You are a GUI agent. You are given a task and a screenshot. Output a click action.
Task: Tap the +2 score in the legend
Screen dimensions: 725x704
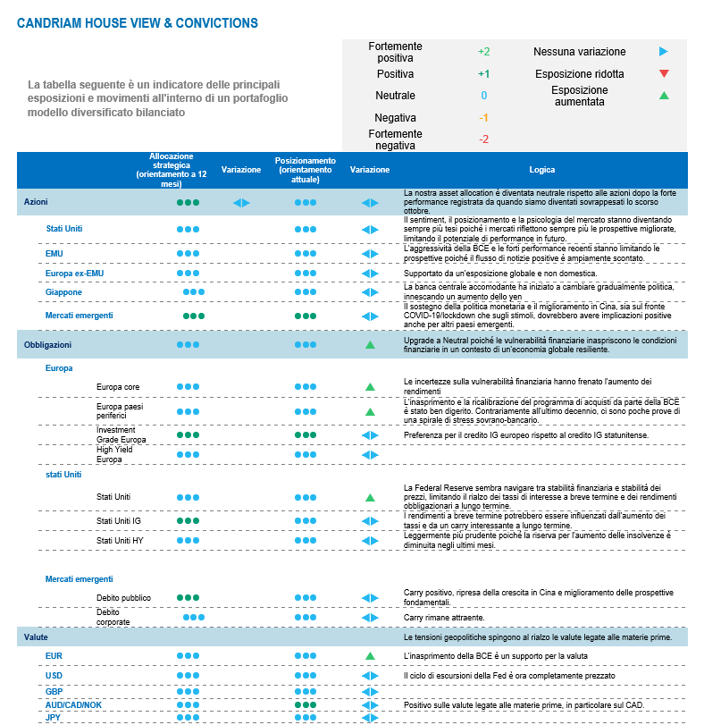coord(483,52)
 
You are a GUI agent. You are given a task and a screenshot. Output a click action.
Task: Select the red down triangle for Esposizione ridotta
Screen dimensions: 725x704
coord(663,74)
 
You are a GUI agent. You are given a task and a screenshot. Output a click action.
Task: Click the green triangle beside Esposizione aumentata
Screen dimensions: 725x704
coord(663,96)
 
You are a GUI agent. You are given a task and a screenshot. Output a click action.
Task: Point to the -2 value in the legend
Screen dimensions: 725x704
coord(483,139)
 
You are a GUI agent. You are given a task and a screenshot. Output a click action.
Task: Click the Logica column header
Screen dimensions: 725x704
coord(541,170)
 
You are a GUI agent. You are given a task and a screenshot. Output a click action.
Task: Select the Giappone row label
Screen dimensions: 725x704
coord(63,292)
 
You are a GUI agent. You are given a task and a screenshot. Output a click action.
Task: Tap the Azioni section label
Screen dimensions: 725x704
coord(36,203)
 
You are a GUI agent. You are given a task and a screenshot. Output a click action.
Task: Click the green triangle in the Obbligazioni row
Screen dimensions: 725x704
coord(369,344)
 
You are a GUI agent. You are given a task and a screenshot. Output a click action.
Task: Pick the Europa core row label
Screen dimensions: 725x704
coord(118,387)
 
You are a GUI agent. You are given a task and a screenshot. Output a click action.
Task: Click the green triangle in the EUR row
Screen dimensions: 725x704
coord(369,656)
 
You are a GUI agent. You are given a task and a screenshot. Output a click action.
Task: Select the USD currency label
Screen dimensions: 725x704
coord(54,676)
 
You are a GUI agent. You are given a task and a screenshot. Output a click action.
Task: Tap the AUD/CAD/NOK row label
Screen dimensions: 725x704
coord(73,704)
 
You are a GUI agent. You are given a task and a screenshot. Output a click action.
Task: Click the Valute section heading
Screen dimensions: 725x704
coord(36,637)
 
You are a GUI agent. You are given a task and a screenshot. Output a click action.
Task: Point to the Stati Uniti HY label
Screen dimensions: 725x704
coord(120,541)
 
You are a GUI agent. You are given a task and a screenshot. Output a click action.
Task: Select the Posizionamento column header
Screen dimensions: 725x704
coord(305,170)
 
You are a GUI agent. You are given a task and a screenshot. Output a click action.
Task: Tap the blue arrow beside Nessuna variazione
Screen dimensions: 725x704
coord(663,52)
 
